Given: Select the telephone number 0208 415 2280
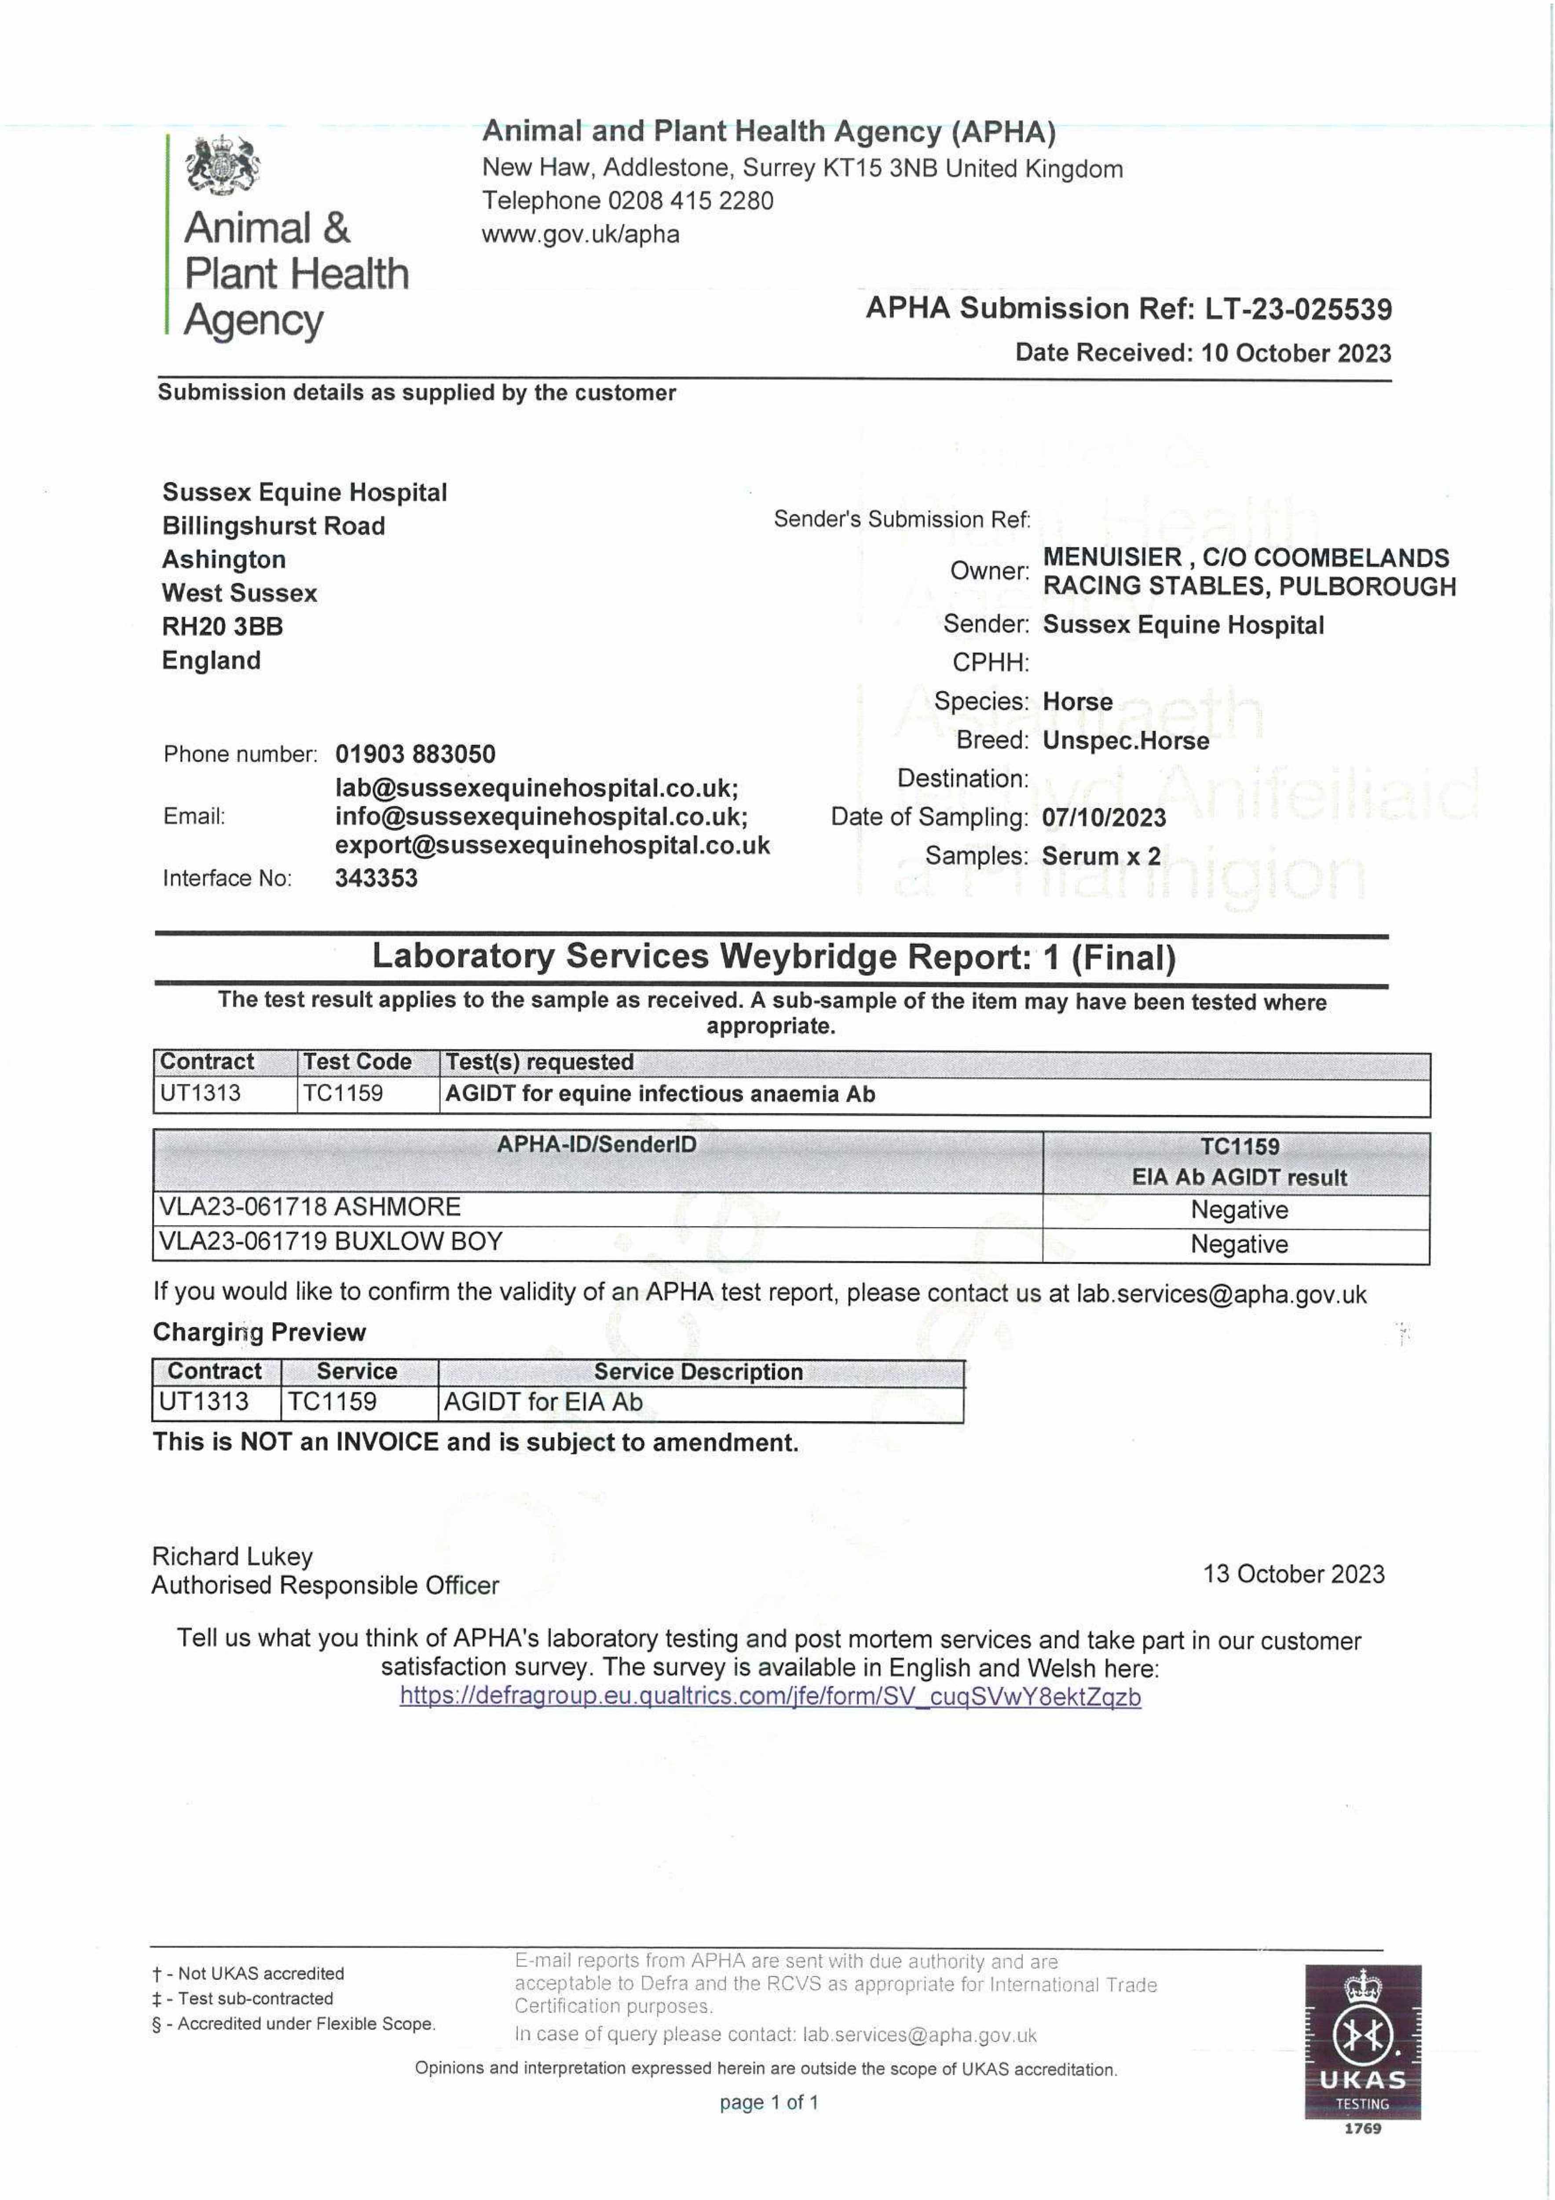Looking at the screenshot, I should [x=690, y=201].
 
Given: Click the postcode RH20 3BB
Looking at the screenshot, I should [x=222, y=627].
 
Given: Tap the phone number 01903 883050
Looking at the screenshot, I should [x=415, y=754].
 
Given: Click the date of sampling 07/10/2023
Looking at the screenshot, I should [x=1104, y=818].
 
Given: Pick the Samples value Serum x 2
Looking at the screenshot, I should [x=1101, y=856].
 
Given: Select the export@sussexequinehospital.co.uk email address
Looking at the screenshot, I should [x=552, y=845].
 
